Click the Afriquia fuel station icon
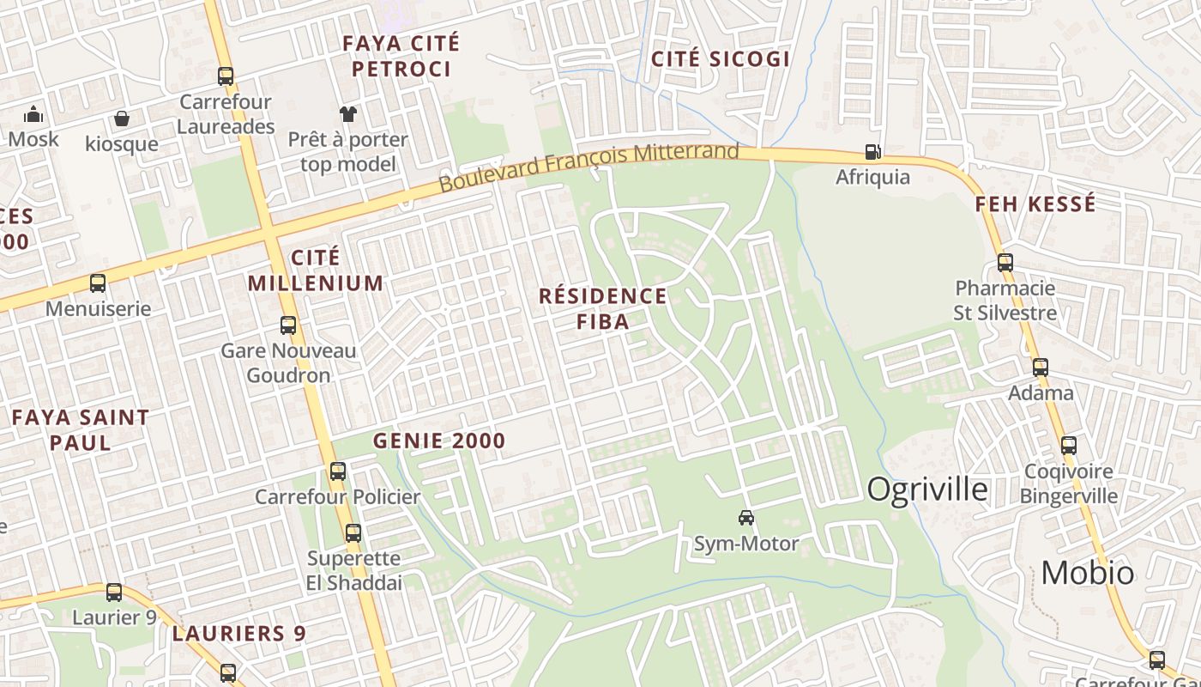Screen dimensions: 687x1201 (x=872, y=152)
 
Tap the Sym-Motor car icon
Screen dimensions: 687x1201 (x=746, y=518)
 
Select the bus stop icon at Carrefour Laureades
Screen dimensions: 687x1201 (x=226, y=76)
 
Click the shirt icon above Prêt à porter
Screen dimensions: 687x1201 (x=348, y=113)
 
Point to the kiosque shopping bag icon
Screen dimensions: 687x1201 (x=122, y=119)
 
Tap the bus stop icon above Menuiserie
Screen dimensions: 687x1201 (x=98, y=283)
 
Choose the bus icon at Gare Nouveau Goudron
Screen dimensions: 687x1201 (x=288, y=325)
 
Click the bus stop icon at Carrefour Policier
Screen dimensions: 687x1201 (x=338, y=471)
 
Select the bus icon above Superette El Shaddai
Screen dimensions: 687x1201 (x=353, y=533)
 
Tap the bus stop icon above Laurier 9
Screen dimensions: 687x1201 (x=114, y=593)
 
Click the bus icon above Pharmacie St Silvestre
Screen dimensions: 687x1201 (x=1005, y=263)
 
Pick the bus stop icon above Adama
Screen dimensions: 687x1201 (x=1041, y=368)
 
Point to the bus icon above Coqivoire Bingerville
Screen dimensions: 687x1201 (x=1069, y=446)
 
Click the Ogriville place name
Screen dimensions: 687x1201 (x=927, y=489)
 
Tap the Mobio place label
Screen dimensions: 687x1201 (x=1087, y=572)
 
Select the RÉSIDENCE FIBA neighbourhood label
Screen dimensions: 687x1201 (x=602, y=308)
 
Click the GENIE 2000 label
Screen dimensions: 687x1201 (x=439, y=441)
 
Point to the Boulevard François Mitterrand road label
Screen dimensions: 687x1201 (x=588, y=167)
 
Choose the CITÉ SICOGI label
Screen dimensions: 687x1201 (x=721, y=58)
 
